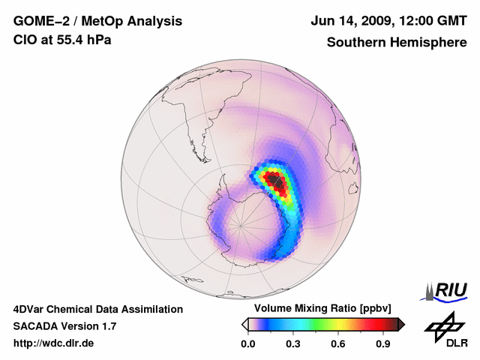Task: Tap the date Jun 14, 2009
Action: [349, 21]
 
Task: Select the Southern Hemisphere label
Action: [396, 42]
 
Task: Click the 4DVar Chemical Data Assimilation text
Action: [98, 309]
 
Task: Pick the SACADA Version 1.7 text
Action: [64, 326]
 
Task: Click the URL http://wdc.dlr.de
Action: [54, 343]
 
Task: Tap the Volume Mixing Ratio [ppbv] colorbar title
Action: [323, 308]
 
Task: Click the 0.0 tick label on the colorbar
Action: [247, 343]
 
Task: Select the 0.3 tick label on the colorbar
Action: [293, 343]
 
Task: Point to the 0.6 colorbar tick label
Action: [338, 343]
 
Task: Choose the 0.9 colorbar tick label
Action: [383, 343]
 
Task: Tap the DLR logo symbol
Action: [442, 325]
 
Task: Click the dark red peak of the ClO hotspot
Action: [277, 181]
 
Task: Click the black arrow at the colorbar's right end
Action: [400, 324]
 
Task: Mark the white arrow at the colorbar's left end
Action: [244, 324]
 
